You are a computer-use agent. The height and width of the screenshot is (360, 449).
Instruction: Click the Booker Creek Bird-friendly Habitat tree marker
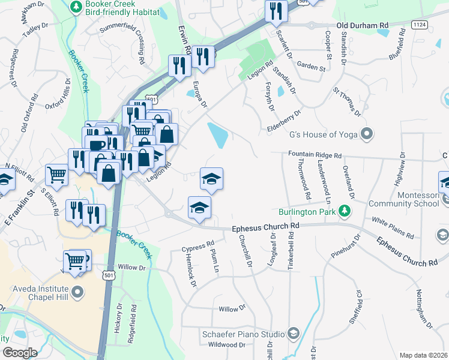[76, 7]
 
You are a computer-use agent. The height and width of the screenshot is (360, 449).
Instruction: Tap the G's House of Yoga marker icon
[367, 134]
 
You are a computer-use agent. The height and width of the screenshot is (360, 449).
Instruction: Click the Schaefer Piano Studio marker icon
[293, 333]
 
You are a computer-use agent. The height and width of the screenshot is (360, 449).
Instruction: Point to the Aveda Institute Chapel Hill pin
[77, 293]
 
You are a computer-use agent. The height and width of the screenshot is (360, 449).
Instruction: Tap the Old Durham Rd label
[363, 26]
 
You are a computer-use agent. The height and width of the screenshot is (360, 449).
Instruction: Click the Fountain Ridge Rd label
[315, 155]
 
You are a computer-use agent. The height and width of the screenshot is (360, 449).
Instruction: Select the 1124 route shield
[419, 22]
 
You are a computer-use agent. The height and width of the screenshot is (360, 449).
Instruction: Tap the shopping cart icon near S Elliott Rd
[56, 174]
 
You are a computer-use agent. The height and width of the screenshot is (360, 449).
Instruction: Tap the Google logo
[19, 353]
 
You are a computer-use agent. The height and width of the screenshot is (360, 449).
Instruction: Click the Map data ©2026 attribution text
[423, 355]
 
